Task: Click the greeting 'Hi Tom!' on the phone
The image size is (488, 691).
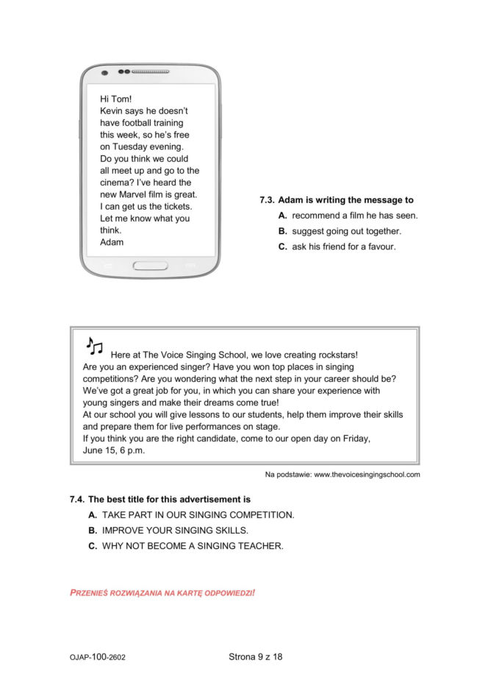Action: coord(115,99)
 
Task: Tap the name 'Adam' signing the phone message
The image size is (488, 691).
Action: coord(112,242)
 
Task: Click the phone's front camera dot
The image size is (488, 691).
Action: coord(104,73)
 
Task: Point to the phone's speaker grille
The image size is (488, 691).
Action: coord(150,72)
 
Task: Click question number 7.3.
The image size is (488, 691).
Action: coord(267,200)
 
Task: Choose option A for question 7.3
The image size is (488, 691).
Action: coord(282,216)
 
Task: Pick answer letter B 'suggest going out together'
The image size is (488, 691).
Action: coord(282,231)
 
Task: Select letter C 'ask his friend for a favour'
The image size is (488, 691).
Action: coord(282,247)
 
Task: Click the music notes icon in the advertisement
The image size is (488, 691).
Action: coord(95,347)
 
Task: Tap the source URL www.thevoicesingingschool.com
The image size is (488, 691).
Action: coord(367,475)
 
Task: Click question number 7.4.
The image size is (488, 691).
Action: coord(76,499)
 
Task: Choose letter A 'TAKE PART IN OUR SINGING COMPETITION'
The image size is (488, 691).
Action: coord(93,514)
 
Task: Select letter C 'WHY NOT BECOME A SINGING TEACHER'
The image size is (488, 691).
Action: coord(93,546)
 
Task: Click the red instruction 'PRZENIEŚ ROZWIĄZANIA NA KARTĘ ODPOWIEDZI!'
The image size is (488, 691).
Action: coord(162,592)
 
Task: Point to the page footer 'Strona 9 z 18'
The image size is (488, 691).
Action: coord(255,656)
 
